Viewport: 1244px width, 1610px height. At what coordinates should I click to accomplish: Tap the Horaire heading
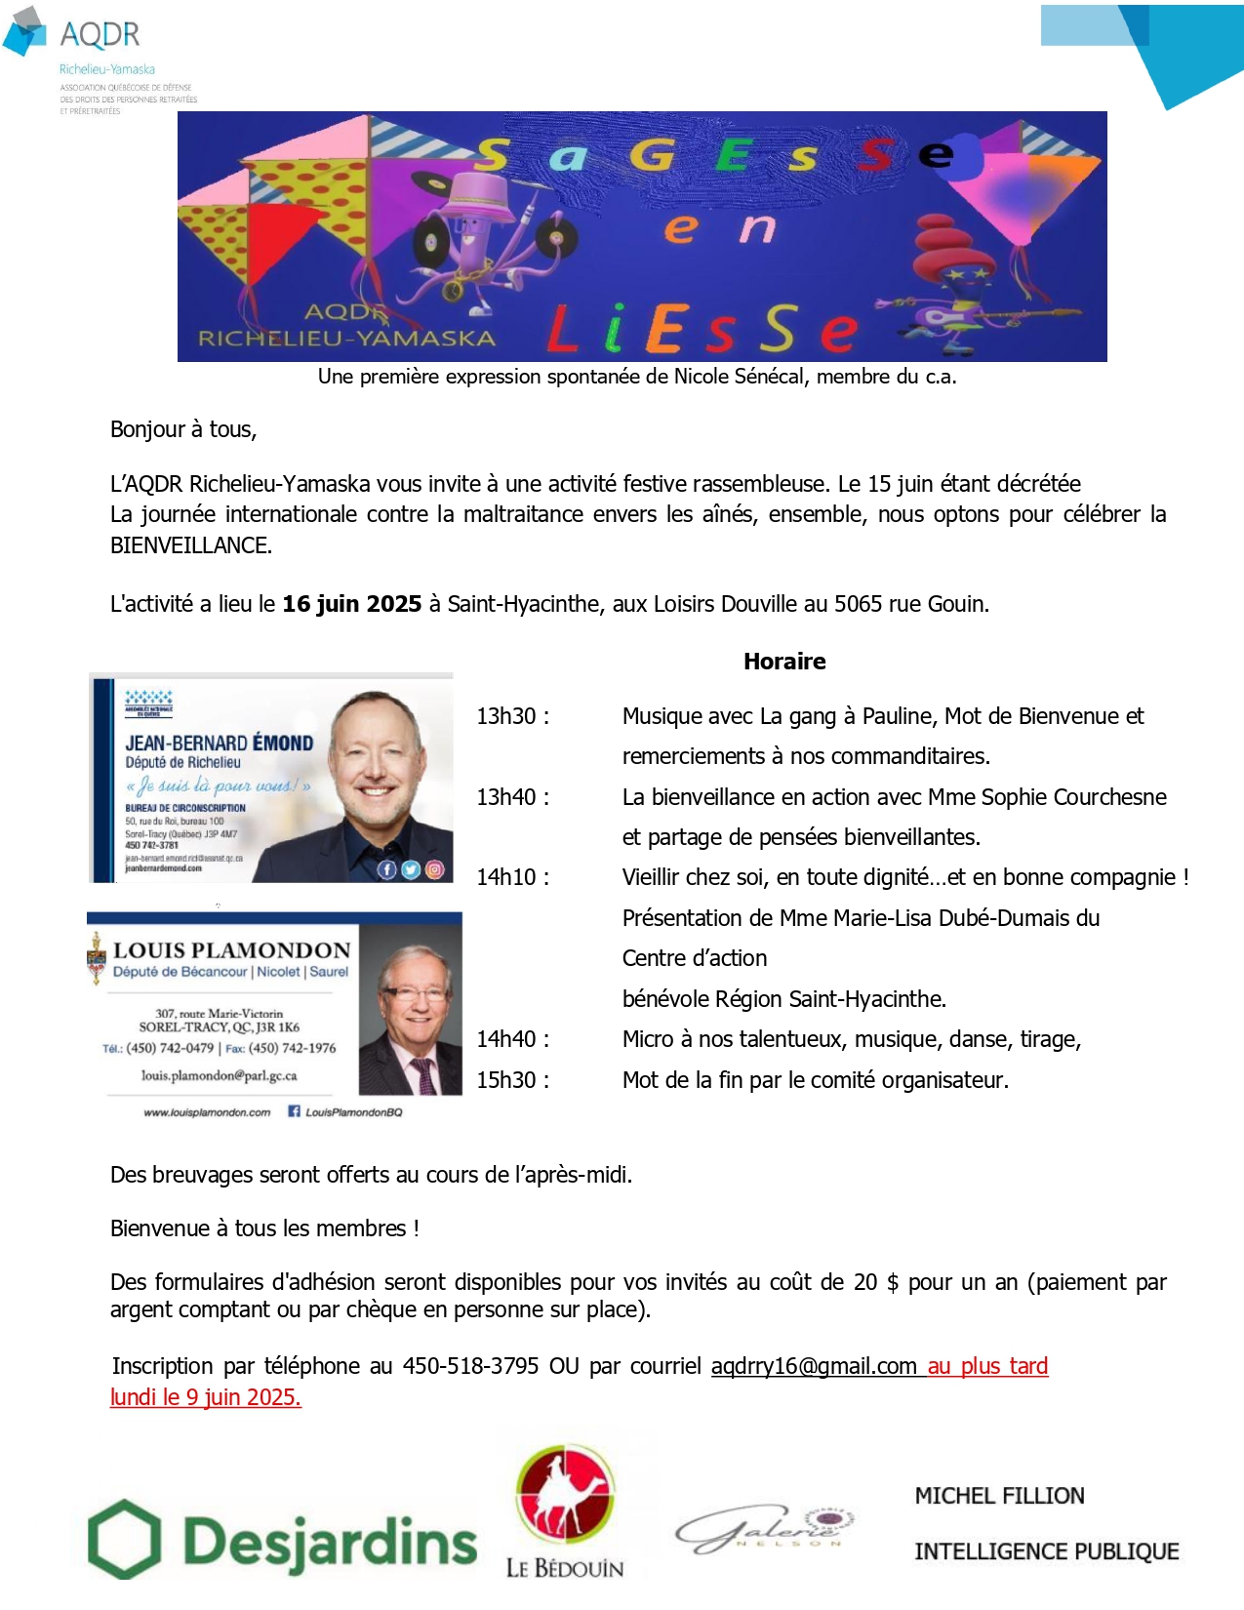pyautogui.click(x=784, y=662)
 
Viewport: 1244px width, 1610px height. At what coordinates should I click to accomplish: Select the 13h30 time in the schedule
pyautogui.click(x=512, y=716)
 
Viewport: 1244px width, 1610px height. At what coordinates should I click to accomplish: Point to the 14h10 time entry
pyautogui.click(x=512, y=877)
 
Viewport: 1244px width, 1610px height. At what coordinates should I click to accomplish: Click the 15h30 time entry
pyautogui.click(x=512, y=1080)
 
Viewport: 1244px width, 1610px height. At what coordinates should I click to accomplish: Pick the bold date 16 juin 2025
pyautogui.click(x=352, y=604)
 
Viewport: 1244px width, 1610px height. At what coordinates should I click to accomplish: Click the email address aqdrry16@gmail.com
pyautogui.click(x=814, y=1366)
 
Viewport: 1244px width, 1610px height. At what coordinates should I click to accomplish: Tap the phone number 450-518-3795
pyautogui.click(x=470, y=1366)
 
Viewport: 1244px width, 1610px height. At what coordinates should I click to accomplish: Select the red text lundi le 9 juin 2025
pyautogui.click(x=206, y=1397)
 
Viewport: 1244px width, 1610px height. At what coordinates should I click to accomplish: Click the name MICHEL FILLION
pyautogui.click(x=999, y=1496)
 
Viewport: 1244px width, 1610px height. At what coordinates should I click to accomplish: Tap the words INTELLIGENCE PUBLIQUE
pyautogui.click(x=1046, y=1551)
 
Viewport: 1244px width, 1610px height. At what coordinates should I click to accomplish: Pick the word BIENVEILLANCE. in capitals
pyautogui.click(x=191, y=545)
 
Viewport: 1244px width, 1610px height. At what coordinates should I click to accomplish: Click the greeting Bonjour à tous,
pyautogui.click(x=183, y=429)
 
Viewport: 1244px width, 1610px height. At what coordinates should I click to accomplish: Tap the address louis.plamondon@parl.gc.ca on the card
pyautogui.click(x=219, y=1075)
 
